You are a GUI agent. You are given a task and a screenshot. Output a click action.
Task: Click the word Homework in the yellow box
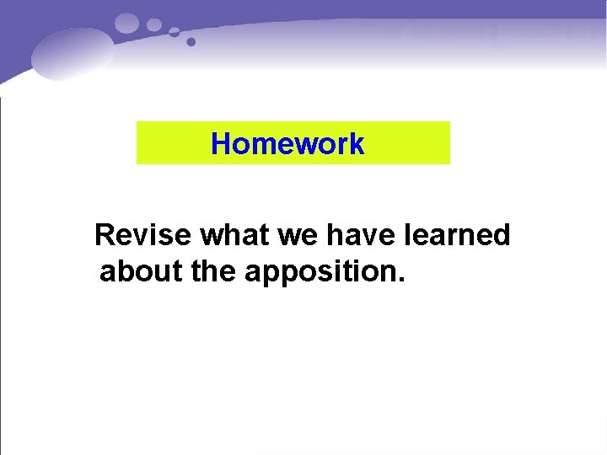[x=287, y=144]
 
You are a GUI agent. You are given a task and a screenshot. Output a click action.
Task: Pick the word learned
[x=458, y=235]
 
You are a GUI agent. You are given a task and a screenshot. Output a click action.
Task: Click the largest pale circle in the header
[x=127, y=23]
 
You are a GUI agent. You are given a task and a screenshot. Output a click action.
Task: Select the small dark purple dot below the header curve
[x=191, y=41]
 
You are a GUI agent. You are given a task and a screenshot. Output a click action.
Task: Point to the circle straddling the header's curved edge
[x=175, y=32]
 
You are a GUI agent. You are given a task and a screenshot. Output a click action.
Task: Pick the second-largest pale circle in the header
[x=154, y=24]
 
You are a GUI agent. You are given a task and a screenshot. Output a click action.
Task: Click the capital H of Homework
[x=221, y=144]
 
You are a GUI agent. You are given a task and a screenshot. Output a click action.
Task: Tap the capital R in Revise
[x=105, y=235]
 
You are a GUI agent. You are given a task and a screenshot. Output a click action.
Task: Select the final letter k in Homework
[x=357, y=144]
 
